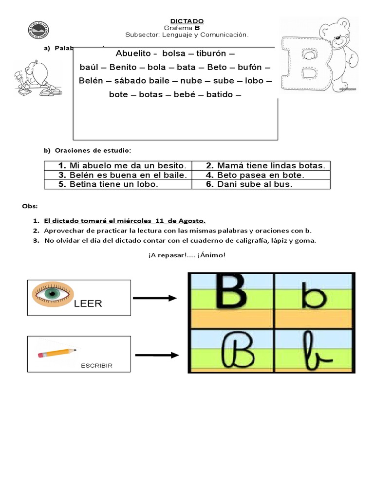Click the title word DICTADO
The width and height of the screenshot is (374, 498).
187,21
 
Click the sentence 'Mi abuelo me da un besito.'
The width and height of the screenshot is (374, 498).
123,166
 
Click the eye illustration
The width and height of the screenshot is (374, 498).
53,294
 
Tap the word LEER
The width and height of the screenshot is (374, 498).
88,304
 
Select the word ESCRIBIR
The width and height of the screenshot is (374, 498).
96,366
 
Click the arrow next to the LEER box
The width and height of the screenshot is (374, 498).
154,299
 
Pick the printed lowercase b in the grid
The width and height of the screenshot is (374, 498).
313,295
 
